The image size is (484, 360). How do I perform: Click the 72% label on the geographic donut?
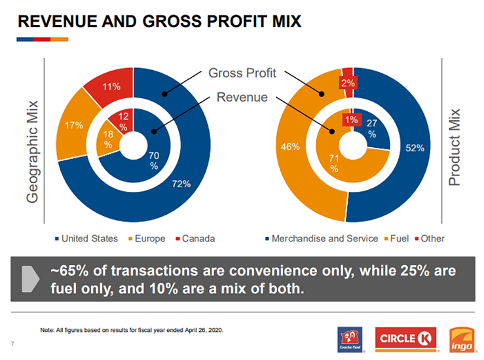(x=181, y=184)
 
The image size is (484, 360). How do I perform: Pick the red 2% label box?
(x=347, y=83)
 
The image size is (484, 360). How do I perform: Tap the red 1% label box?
(x=352, y=120)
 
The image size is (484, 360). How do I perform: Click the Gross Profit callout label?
(x=242, y=73)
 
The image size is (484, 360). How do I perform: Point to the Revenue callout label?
(x=242, y=98)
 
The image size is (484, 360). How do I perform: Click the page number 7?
(x=12, y=344)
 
